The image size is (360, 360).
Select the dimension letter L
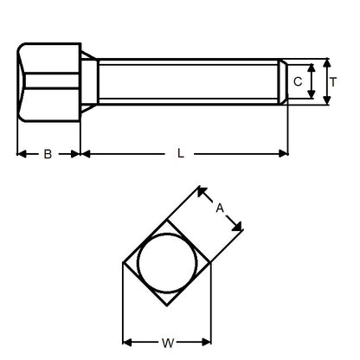point(181,153)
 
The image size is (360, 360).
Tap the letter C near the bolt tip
point(298,82)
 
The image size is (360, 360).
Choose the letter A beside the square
point(220,208)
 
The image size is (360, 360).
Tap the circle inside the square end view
point(167,263)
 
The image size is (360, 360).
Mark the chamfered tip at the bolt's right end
point(283,82)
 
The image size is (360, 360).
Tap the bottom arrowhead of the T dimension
point(325,101)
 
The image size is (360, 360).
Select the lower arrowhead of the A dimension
point(240,228)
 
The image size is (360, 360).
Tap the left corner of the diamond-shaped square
point(125,263)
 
